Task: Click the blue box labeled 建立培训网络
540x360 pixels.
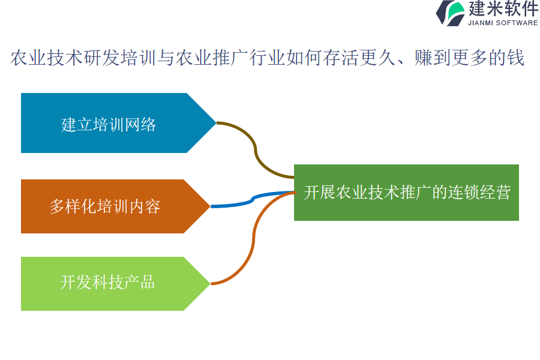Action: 113,123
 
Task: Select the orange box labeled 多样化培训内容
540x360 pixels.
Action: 110,206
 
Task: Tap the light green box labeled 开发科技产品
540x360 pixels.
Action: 110,284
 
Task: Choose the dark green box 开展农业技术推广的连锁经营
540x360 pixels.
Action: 406,193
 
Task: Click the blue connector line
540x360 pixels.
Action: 253,199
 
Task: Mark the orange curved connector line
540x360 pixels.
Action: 254,238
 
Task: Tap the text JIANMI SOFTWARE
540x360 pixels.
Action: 503,23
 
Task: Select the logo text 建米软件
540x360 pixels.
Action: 503,8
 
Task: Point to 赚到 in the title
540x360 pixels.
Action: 433,58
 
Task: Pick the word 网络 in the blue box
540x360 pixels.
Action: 140,124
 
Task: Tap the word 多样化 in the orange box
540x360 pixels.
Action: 73,206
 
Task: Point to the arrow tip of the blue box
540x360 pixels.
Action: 216,122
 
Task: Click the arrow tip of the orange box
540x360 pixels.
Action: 210,206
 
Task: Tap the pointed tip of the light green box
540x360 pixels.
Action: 210,284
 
